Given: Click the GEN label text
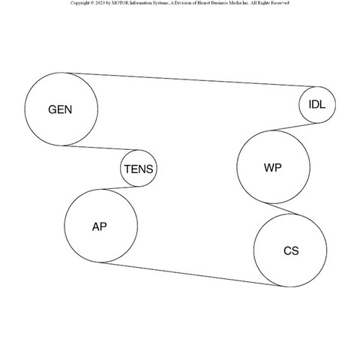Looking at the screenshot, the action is (60, 109).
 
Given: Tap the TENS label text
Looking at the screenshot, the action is (139, 169).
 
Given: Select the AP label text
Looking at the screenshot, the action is (99, 226).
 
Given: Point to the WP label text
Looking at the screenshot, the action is (273, 167).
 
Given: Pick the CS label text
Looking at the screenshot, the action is (291, 250).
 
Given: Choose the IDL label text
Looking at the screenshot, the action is (317, 104).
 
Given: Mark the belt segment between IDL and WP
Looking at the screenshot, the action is (295, 127).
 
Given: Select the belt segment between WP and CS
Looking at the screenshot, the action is (283, 209).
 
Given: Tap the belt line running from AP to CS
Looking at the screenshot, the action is (190, 274).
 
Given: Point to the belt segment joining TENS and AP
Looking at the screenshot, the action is (121, 187).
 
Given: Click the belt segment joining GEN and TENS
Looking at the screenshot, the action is (101, 148).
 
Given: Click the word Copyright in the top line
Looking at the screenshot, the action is (80, 3).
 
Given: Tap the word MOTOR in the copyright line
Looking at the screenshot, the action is (120, 3).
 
